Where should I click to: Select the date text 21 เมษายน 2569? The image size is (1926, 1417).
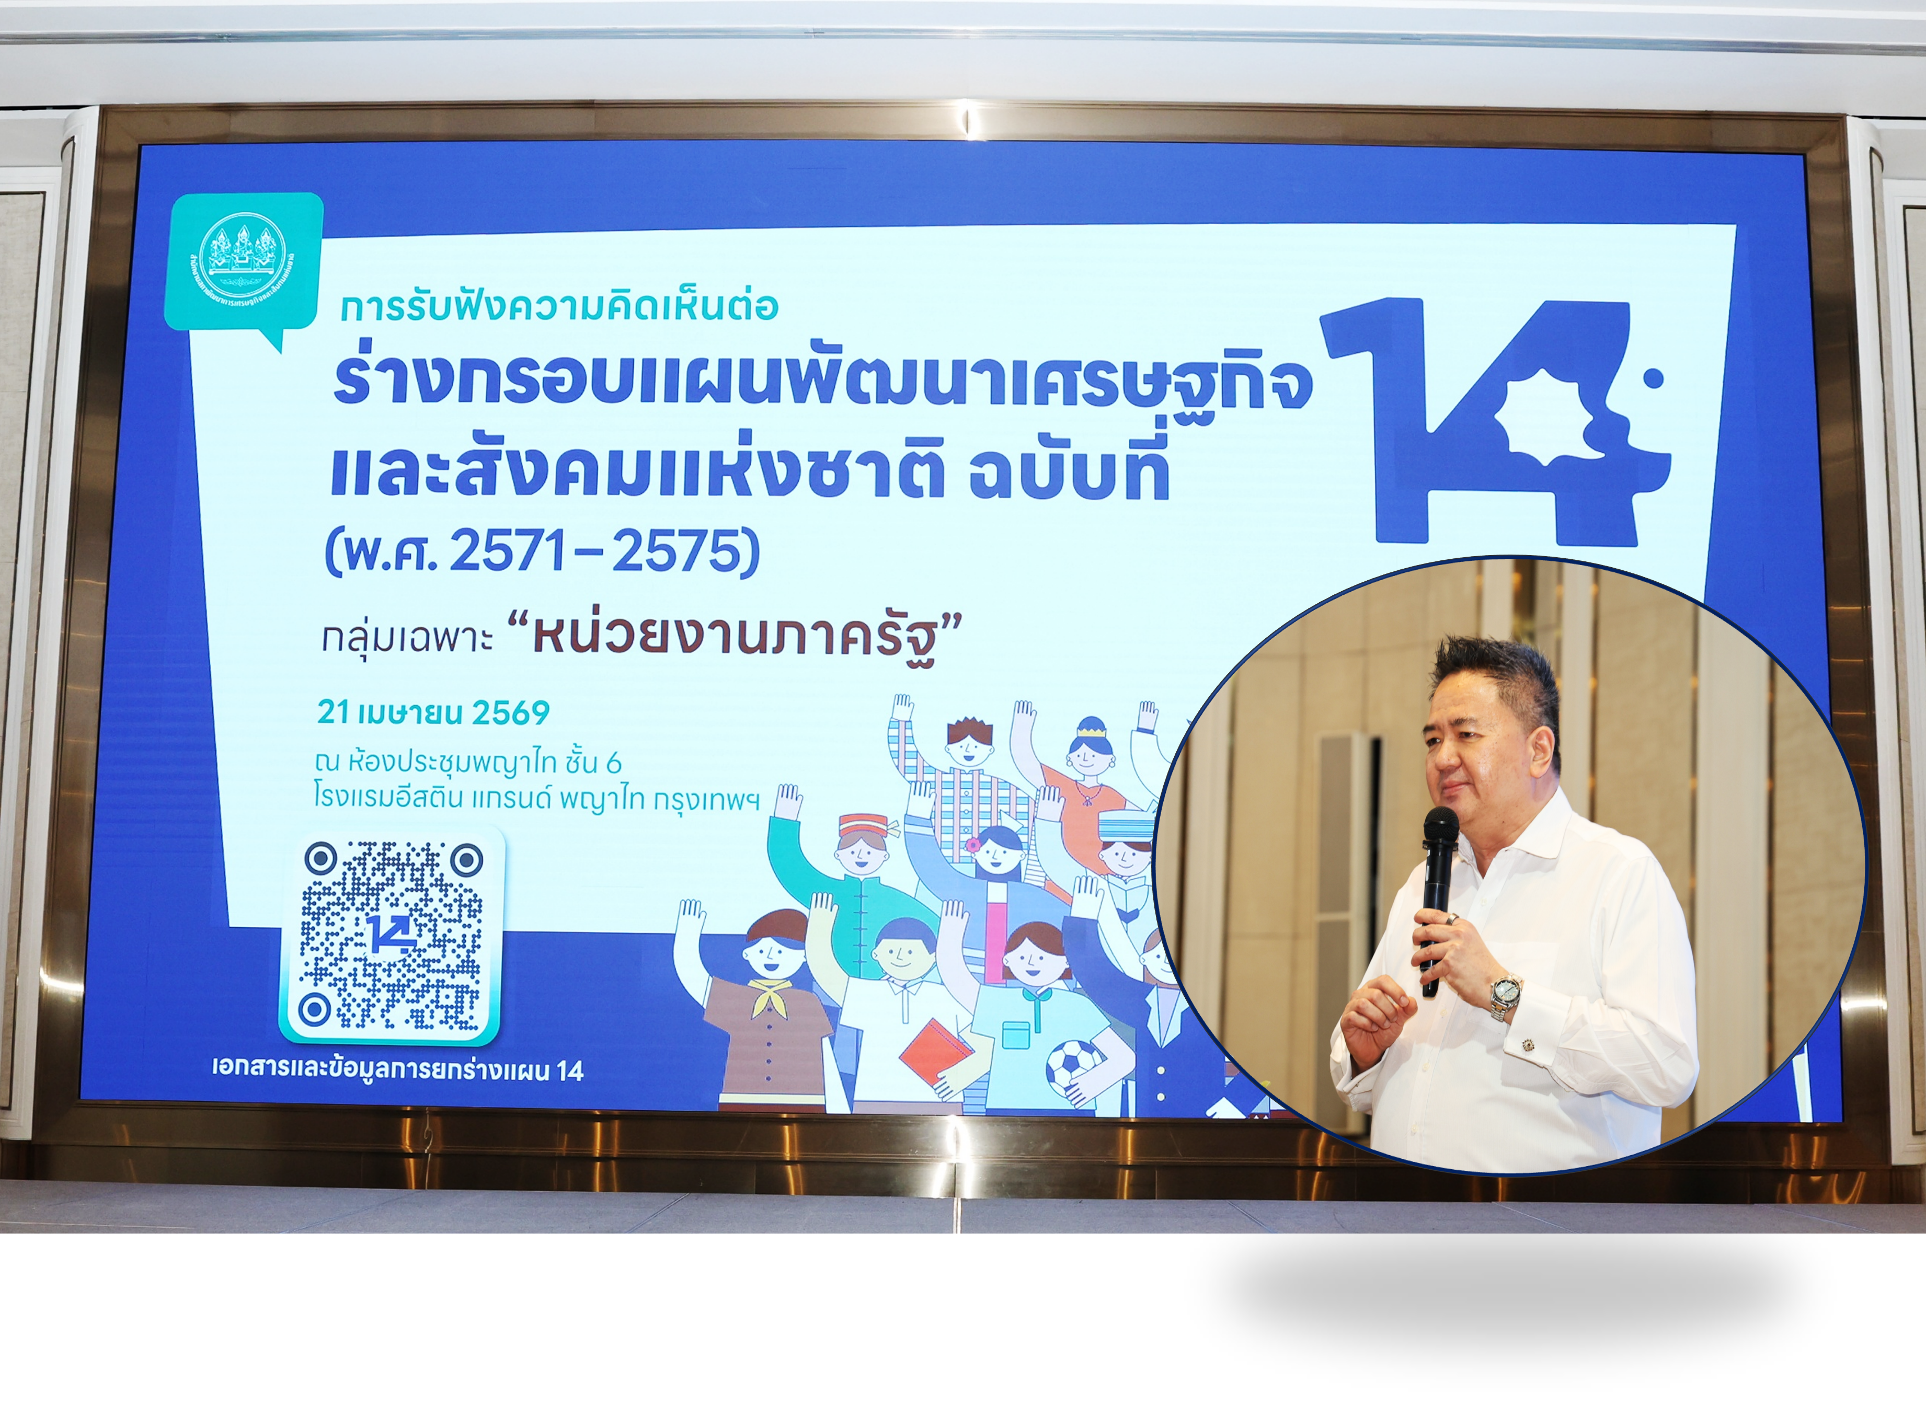coord(433,712)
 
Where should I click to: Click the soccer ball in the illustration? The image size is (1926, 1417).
coord(1072,1066)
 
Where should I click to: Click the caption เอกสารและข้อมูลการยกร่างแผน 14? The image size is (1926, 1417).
coord(398,1070)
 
